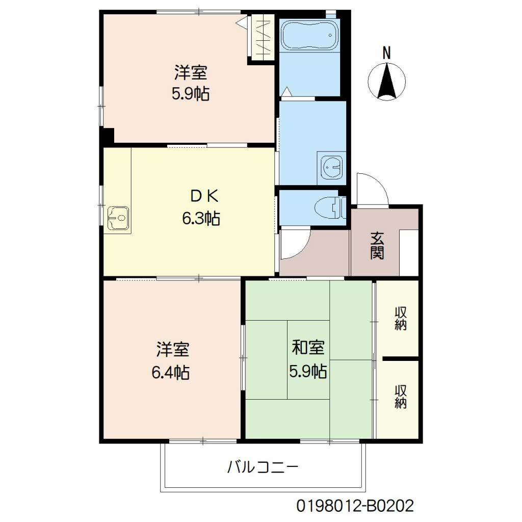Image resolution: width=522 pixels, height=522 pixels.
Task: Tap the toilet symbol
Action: [330, 207]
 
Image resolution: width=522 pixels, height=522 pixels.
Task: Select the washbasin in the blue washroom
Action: [332, 166]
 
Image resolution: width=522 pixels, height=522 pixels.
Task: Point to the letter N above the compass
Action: [386, 53]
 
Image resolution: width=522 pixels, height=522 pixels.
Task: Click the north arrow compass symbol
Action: [387, 82]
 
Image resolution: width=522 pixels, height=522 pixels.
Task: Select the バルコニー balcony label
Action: [263, 467]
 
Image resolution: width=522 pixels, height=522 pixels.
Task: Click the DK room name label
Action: [204, 196]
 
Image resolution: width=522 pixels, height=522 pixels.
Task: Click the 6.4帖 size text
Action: [170, 372]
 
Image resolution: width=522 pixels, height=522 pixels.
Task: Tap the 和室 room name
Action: [308, 347]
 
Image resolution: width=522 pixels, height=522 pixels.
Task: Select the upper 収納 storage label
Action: [401, 319]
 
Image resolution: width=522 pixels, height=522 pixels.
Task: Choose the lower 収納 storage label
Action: [401, 397]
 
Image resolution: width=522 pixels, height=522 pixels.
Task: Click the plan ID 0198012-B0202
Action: [355, 506]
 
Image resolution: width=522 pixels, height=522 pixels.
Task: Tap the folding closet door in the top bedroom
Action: [263, 38]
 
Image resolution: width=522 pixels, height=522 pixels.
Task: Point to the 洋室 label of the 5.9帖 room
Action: [191, 72]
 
